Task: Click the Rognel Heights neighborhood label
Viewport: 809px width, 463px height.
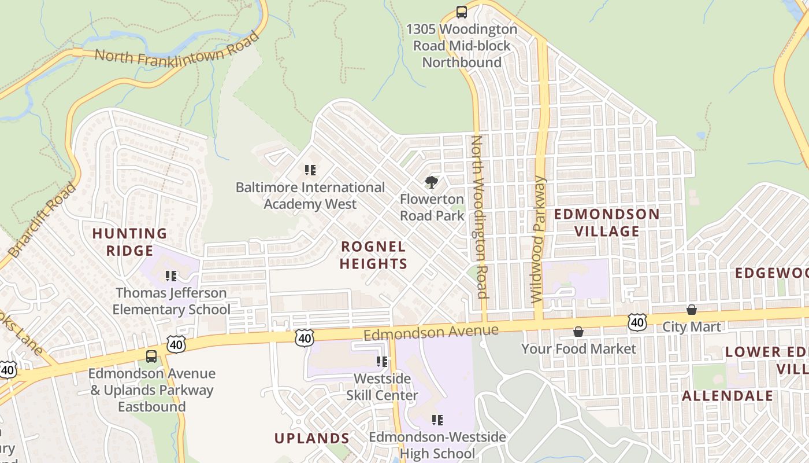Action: pos(373,255)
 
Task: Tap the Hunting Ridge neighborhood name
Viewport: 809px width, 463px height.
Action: pos(129,242)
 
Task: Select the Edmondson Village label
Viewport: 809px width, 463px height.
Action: pos(606,223)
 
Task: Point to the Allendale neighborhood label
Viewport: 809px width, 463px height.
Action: pos(727,396)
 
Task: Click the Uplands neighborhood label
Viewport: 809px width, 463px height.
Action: pos(311,438)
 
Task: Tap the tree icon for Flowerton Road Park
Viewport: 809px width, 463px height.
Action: pos(431,183)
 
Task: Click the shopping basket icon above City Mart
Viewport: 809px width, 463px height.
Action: pos(691,310)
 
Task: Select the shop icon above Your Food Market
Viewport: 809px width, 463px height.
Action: pos(578,332)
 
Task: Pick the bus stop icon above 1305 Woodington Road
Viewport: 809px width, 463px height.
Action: pos(461,12)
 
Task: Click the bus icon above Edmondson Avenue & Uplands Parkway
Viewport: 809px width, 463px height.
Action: pos(151,357)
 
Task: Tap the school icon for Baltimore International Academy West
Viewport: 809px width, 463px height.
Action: pos(310,170)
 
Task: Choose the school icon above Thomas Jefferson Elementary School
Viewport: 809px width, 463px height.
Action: pos(170,276)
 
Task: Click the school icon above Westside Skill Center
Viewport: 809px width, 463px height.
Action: pos(381,362)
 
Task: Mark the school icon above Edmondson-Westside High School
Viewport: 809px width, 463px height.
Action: pos(437,420)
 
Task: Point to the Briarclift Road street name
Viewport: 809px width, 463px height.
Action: pos(42,220)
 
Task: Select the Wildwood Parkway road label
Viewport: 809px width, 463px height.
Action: pos(538,240)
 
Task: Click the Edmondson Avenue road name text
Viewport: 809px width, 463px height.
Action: pos(431,332)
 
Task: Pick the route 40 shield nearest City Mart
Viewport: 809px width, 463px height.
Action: pos(637,322)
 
